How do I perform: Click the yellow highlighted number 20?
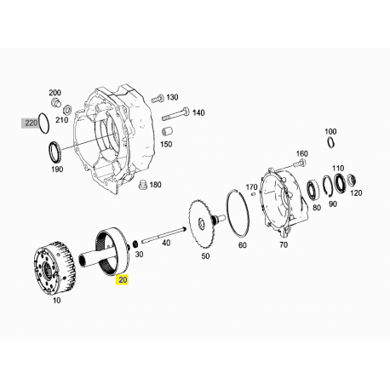tap(122, 278)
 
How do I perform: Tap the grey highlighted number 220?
tap(32, 123)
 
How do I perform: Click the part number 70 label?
tap(284, 245)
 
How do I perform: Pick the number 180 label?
tap(155, 184)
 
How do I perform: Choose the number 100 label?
tap(330, 131)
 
